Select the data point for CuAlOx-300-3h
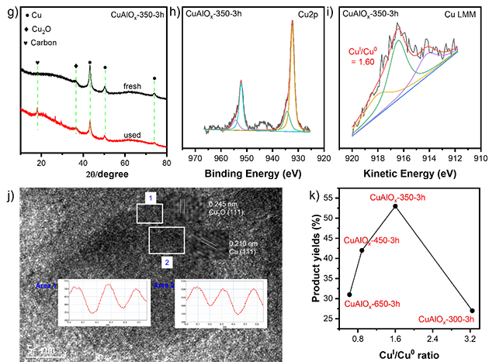point(472,311)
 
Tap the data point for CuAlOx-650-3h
point(349,295)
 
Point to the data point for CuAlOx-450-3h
point(362,250)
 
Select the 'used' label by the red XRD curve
point(132,135)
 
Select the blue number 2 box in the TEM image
point(166,263)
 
